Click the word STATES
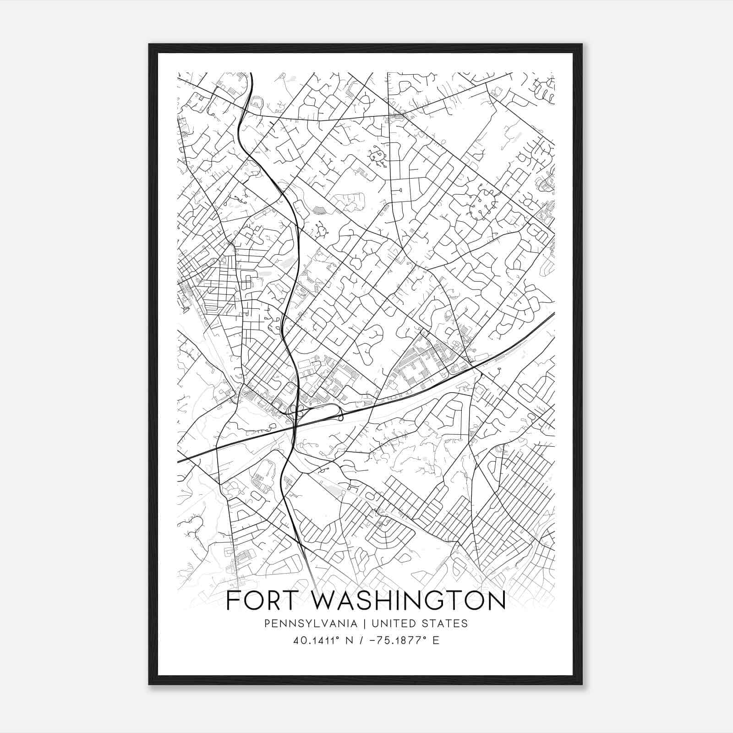(x=446, y=624)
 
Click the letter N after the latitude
(x=349, y=640)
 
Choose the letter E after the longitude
(x=436, y=640)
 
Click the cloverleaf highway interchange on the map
(x=297, y=411)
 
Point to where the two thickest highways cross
(x=294, y=428)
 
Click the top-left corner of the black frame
(x=149, y=44)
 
